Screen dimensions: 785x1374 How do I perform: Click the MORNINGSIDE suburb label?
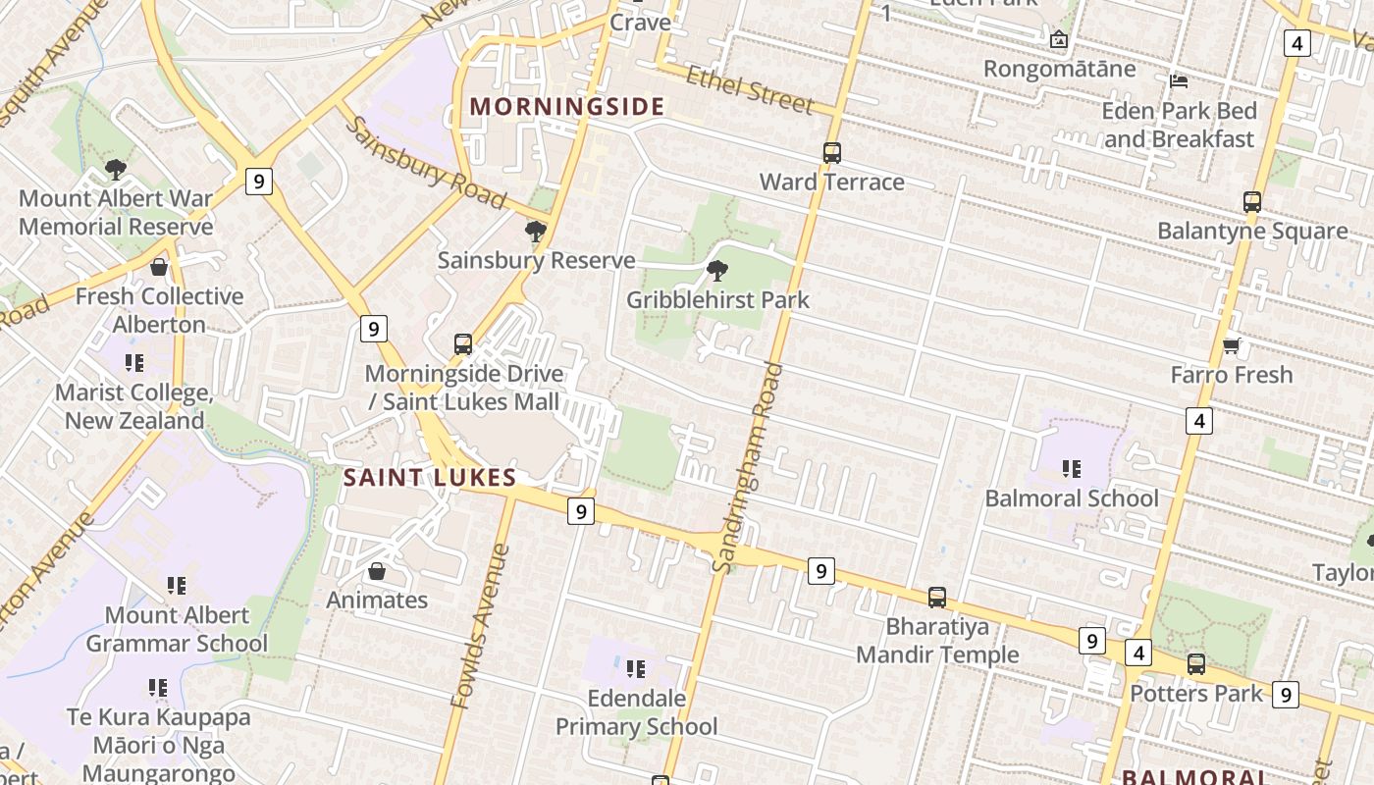[x=567, y=106]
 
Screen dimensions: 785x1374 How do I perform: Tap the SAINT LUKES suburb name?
[x=430, y=478]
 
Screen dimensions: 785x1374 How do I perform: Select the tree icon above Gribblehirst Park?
[x=717, y=271]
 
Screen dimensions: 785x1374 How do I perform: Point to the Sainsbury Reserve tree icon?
[x=536, y=232]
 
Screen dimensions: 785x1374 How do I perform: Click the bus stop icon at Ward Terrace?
[x=831, y=153]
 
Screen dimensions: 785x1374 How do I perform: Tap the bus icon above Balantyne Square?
[x=1251, y=202]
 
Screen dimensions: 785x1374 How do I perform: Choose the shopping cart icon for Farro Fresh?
[x=1231, y=345]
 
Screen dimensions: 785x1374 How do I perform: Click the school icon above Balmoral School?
[x=1071, y=469]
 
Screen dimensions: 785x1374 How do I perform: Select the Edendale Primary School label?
[x=636, y=712]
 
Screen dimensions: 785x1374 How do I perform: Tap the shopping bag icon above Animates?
[x=376, y=571]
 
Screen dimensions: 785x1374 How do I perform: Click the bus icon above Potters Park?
[x=1195, y=664]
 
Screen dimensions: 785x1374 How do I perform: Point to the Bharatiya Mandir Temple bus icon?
[x=937, y=597]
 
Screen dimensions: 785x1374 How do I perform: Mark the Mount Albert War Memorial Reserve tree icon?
[x=116, y=170]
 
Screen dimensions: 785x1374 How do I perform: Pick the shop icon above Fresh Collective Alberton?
[x=158, y=267]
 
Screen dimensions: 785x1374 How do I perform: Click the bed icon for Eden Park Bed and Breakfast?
[x=1179, y=80]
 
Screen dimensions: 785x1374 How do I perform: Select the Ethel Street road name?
[x=750, y=89]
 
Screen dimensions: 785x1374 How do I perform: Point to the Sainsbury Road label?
[x=425, y=164]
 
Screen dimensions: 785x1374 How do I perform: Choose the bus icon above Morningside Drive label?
[x=463, y=344]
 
